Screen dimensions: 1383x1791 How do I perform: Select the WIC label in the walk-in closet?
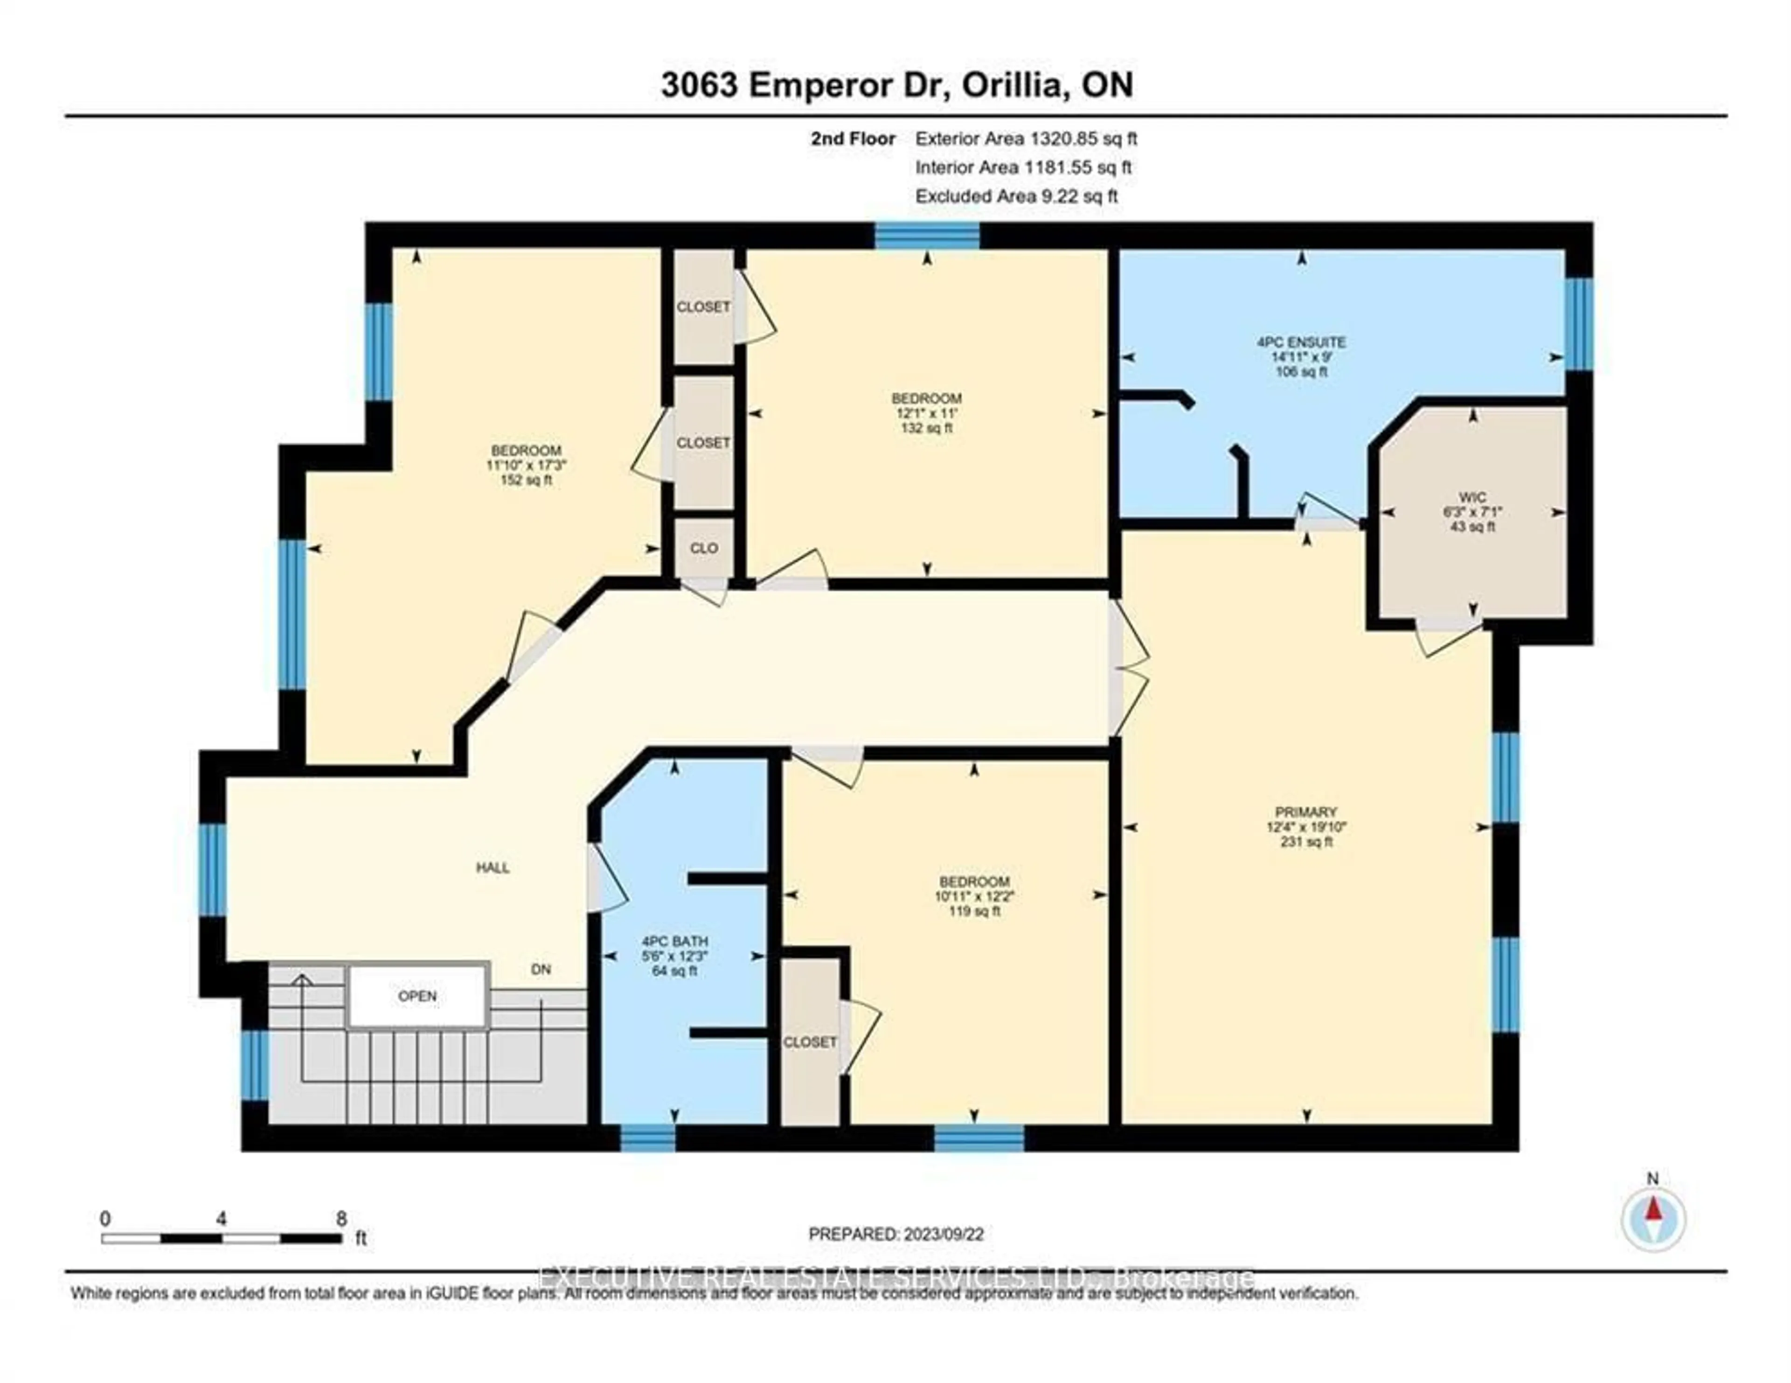[1472, 497]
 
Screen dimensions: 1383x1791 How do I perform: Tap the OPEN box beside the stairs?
[417, 996]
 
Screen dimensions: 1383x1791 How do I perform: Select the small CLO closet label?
[704, 548]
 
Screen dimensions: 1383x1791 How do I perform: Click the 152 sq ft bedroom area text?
[526, 480]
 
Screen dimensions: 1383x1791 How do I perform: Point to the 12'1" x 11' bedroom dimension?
[927, 413]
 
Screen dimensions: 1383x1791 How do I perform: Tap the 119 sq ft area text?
[974, 911]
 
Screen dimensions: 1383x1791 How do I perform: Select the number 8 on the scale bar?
[341, 1218]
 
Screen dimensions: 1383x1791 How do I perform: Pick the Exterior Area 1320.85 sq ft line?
[1025, 139]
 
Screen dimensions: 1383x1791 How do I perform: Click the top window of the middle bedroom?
[927, 236]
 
